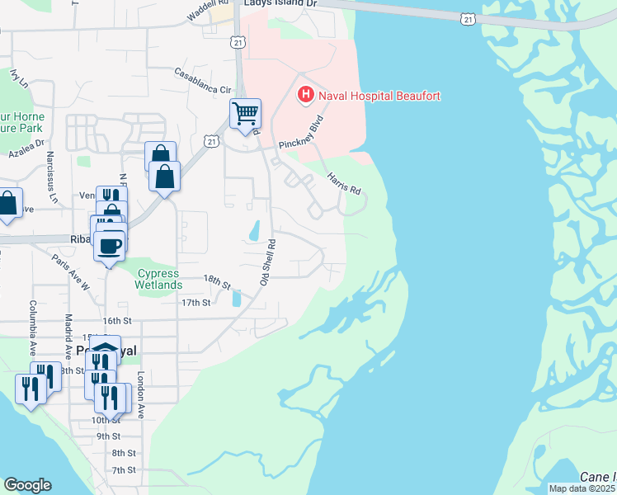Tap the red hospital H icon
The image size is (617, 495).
305,96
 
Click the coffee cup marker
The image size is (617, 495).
109,245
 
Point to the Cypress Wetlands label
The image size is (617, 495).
159,279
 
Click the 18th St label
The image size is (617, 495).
218,282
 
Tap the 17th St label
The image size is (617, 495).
196,303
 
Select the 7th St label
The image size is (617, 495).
124,469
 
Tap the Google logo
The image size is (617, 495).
27,485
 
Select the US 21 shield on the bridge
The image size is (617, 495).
469,18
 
